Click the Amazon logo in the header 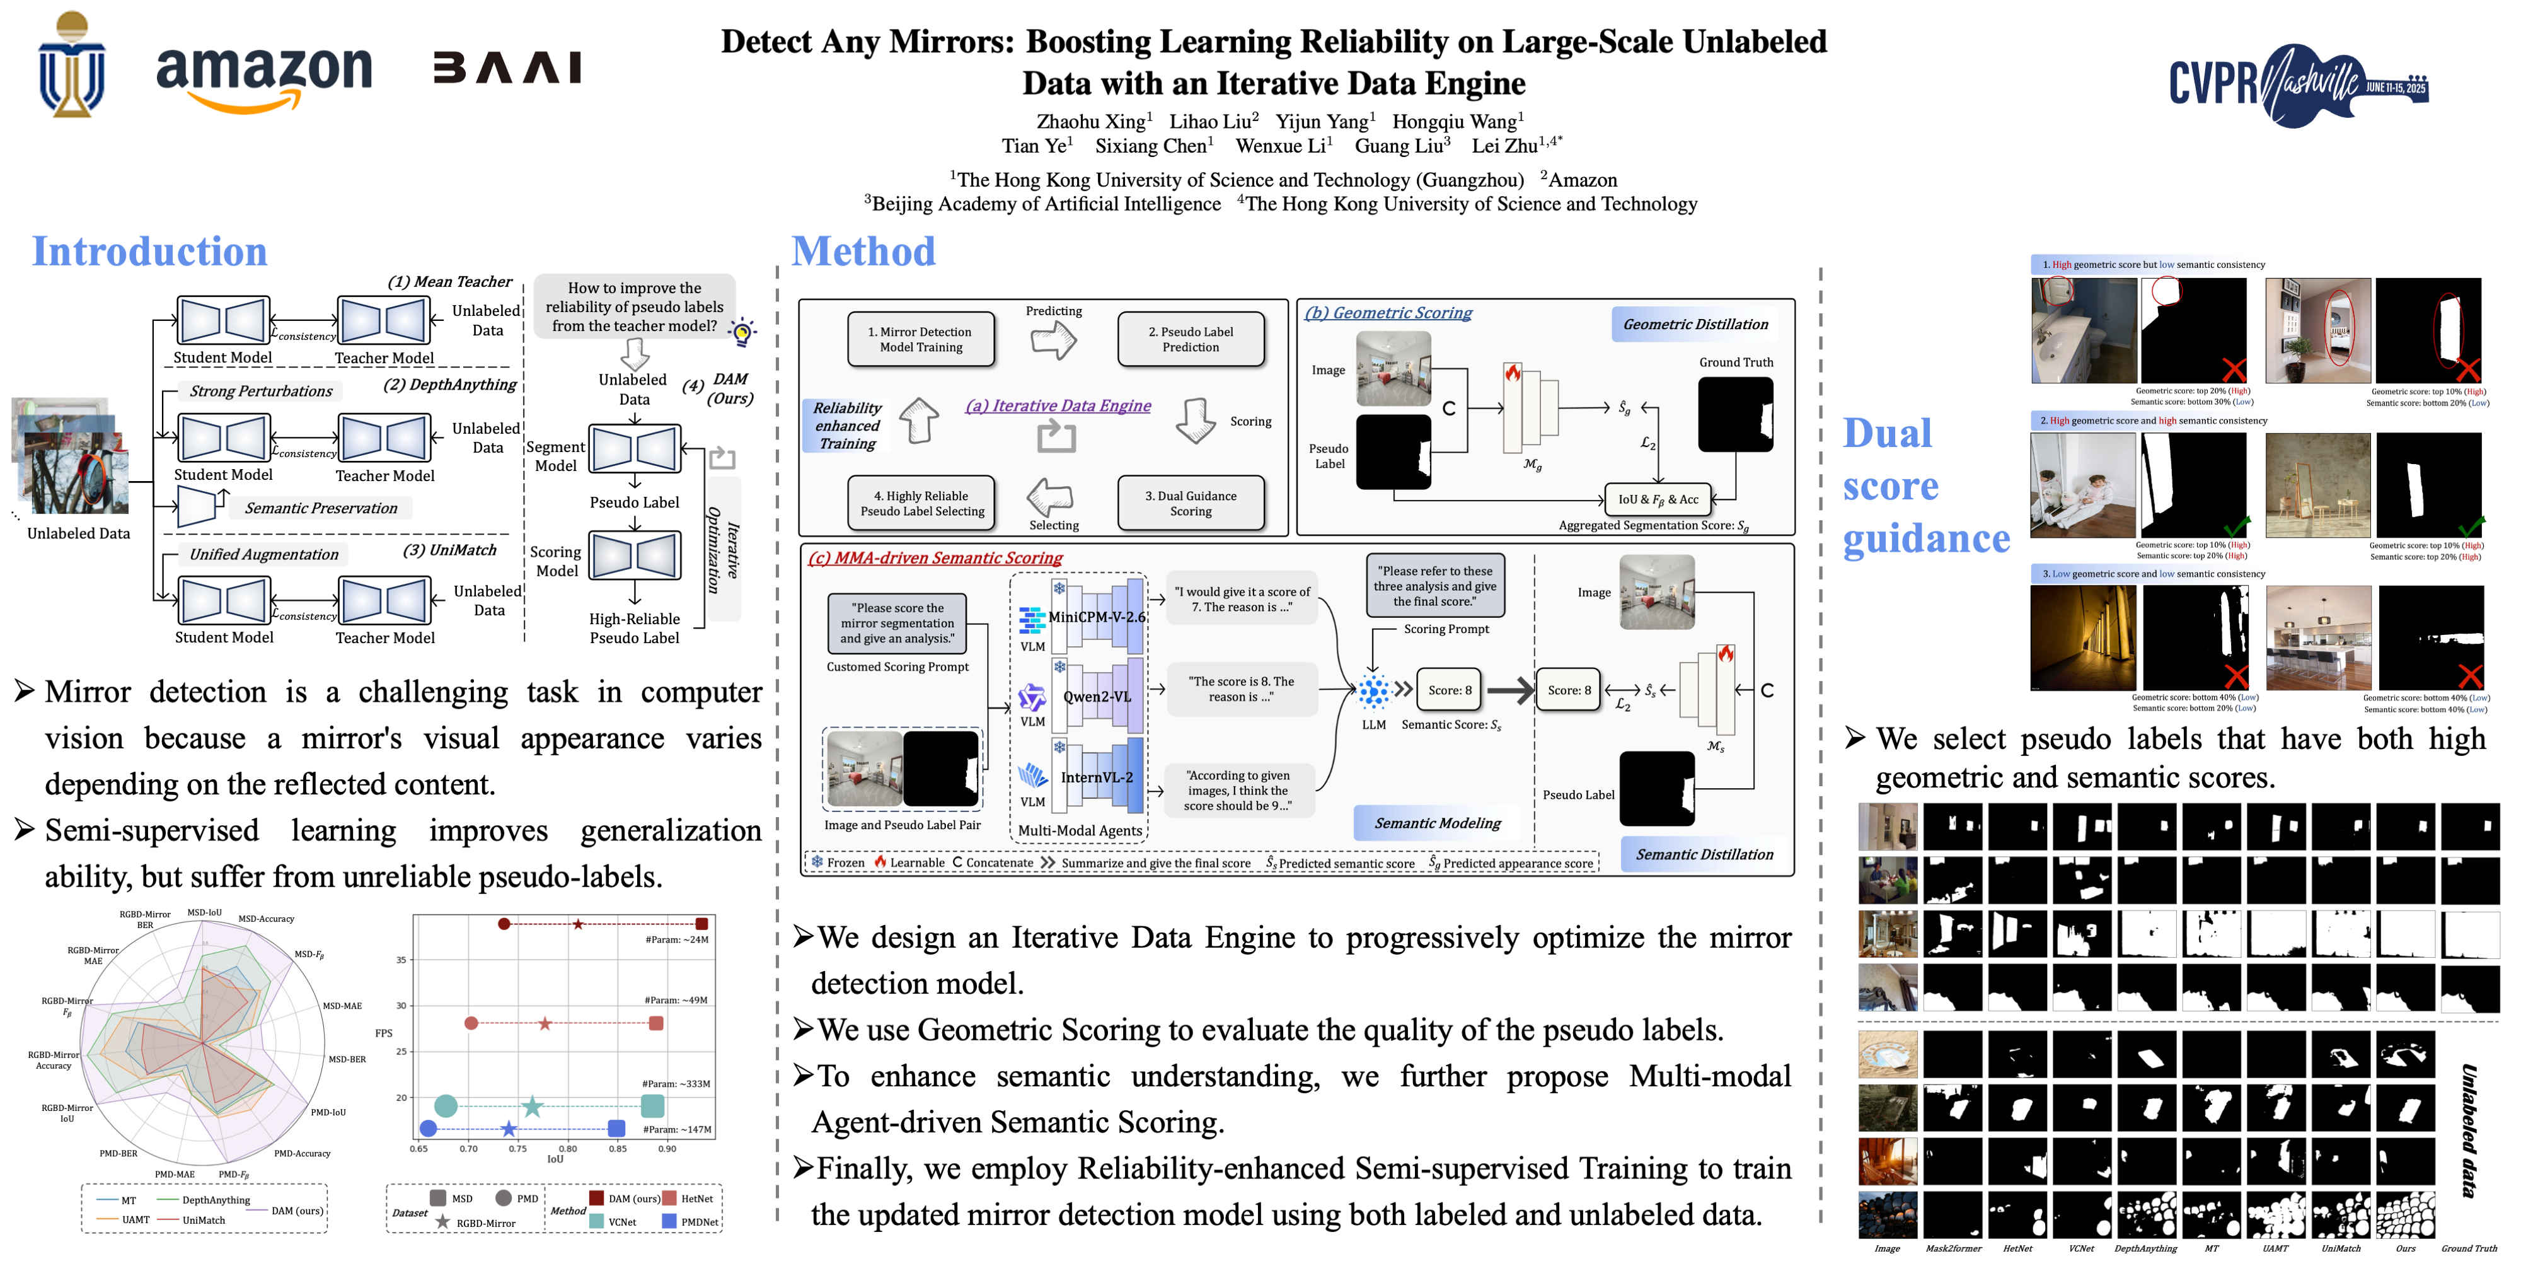click(x=264, y=76)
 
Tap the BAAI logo click(x=507, y=69)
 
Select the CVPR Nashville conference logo click(x=2298, y=84)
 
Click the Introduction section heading click(x=150, y=252)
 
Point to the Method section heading click(x=863, y=252)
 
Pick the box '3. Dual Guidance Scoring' click(x=1190, y=503)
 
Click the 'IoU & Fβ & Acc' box click(x=1658, y=499)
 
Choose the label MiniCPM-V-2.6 click(x=1096, y=617)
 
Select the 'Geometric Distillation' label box click(x=1695, y=324)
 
